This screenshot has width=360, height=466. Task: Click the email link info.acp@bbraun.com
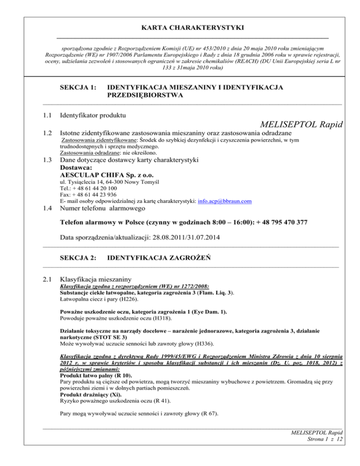point(225,201)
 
